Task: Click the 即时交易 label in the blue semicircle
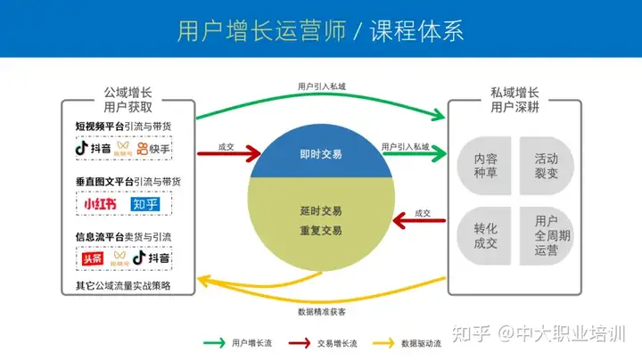tap(321, 154)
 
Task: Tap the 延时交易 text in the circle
tap(321, 212)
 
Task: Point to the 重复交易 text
tap(321, 231)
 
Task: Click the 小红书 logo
tap(98, 204)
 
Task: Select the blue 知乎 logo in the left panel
tap(145, 204)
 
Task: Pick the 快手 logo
tap(153, 148)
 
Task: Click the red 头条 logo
tap(92, 258)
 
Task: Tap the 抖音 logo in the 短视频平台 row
tap(93, 148)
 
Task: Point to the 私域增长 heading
tap(514, 92)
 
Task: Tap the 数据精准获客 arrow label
tap(321, 312)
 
